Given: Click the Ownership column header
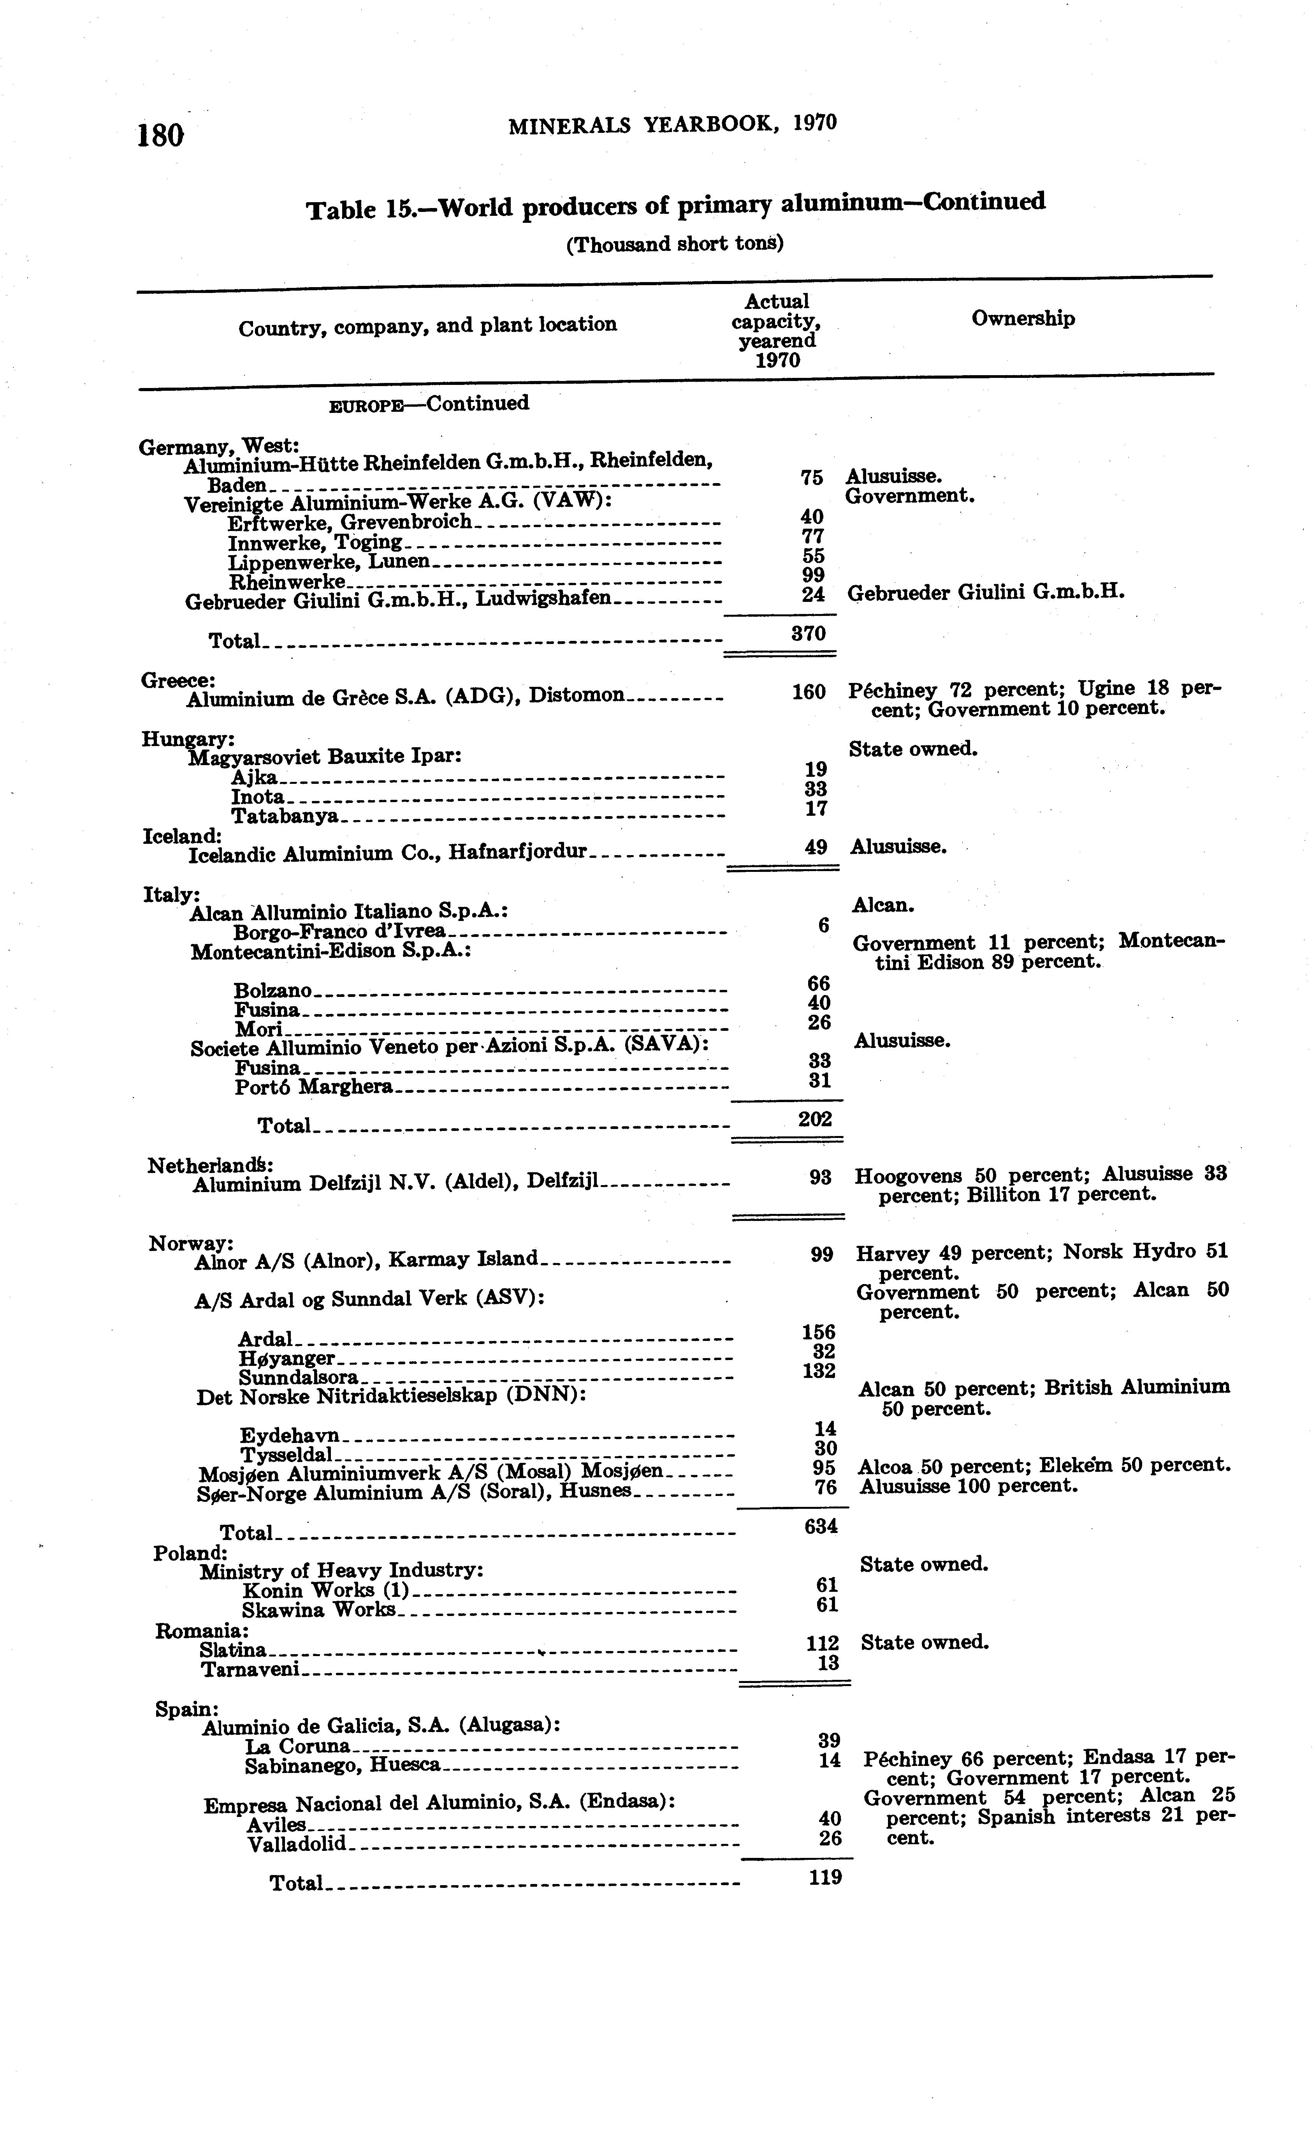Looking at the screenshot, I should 1023,319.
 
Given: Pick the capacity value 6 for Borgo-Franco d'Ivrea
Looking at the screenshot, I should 823,925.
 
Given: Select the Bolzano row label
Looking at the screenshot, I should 273,991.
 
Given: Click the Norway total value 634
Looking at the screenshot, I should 821,1526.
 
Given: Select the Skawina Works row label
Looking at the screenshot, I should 318,1610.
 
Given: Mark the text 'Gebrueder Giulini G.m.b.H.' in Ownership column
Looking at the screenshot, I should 985,593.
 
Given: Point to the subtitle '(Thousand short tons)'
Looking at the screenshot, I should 675,243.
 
